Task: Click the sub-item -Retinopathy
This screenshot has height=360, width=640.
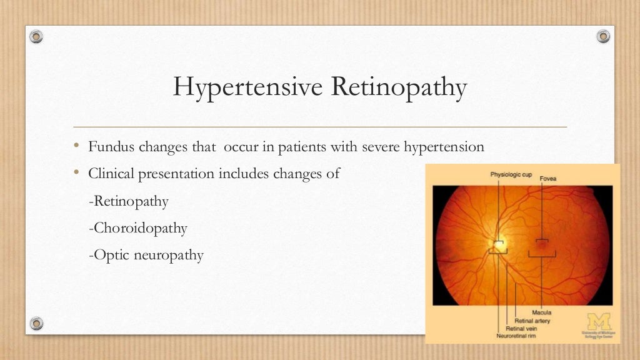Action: point(129,201)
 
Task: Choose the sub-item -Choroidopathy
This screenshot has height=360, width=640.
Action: point(138,228)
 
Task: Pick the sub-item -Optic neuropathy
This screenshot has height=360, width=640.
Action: point(146,255)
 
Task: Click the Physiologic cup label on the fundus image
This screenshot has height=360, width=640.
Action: point(511,174)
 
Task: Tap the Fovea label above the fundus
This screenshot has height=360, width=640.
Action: point(548,179)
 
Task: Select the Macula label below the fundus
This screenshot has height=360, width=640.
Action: point(541,311)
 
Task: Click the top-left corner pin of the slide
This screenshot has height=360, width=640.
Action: point(37,36)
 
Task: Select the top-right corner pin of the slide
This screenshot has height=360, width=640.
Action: point(603,36)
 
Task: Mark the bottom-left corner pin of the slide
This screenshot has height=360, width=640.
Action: point(37,323)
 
